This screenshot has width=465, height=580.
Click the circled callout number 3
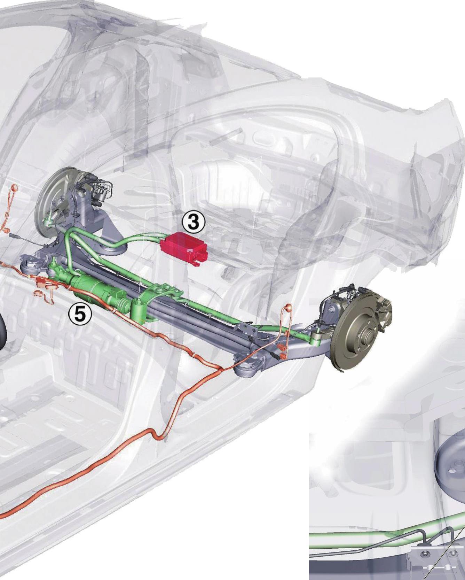pos(194,223)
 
